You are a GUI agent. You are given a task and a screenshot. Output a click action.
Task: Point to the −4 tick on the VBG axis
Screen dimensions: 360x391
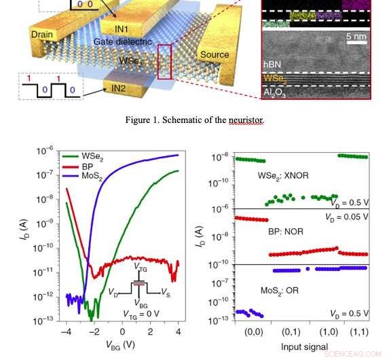(66, 331)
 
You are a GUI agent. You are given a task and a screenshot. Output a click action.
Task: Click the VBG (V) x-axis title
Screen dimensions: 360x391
(123, 344)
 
